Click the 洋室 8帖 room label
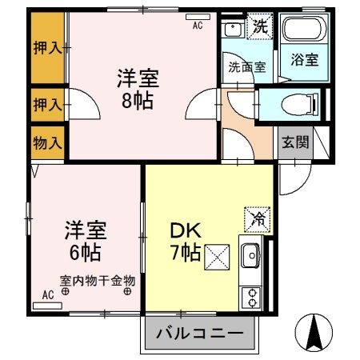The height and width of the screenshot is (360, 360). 138,90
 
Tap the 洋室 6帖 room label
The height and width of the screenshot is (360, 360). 82,239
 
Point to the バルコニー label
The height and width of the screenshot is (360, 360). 201,332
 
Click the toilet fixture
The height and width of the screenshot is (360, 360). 300,103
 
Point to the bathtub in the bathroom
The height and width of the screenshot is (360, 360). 304,33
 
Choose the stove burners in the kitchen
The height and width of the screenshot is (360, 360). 251,297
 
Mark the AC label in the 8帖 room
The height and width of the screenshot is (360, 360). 198,25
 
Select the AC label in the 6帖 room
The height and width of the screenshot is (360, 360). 47,295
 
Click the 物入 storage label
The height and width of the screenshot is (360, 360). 46,142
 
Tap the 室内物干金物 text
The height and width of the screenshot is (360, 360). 97,281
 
